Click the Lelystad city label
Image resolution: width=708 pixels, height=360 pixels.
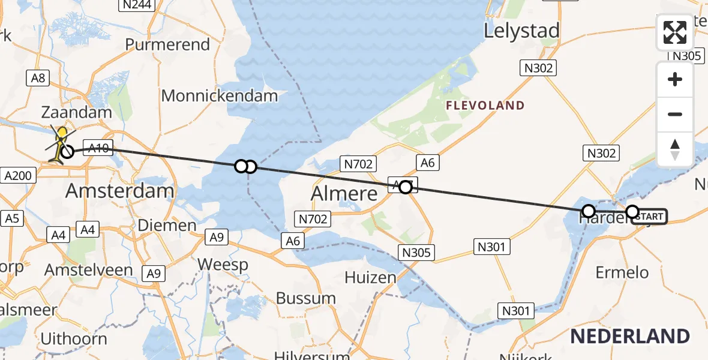[521, 31]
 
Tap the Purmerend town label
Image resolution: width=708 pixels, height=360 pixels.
[167, 45]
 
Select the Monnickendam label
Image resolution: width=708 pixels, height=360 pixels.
[220, 95]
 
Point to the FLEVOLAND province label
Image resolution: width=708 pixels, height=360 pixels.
[485, 106]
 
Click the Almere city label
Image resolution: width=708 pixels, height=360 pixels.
[344, 193]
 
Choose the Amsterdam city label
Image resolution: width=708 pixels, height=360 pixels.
[119, 191]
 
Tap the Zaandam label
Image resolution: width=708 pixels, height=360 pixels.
[76, 112]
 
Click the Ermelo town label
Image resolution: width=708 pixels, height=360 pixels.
[622, 272]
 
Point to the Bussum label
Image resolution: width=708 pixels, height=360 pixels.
[306, 298]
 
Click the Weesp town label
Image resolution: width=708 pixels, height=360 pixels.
[223, 264]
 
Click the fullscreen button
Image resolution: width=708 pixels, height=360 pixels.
[675, 32]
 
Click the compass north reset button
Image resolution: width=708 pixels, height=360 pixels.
[675, 149]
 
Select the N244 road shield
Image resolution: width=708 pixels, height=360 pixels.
[135, 5]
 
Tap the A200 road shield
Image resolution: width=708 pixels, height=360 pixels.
[20, 175]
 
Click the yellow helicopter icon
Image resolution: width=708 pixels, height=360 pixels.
[62, 143]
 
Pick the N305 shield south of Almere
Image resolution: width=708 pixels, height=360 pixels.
[416, 253]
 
